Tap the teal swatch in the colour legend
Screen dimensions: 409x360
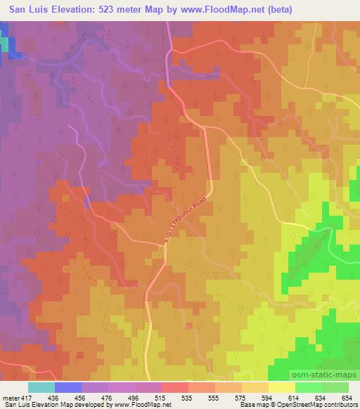click(41, 387)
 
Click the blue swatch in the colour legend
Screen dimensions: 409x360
click(69, 387)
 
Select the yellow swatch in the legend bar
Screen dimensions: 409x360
click(282, 387)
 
